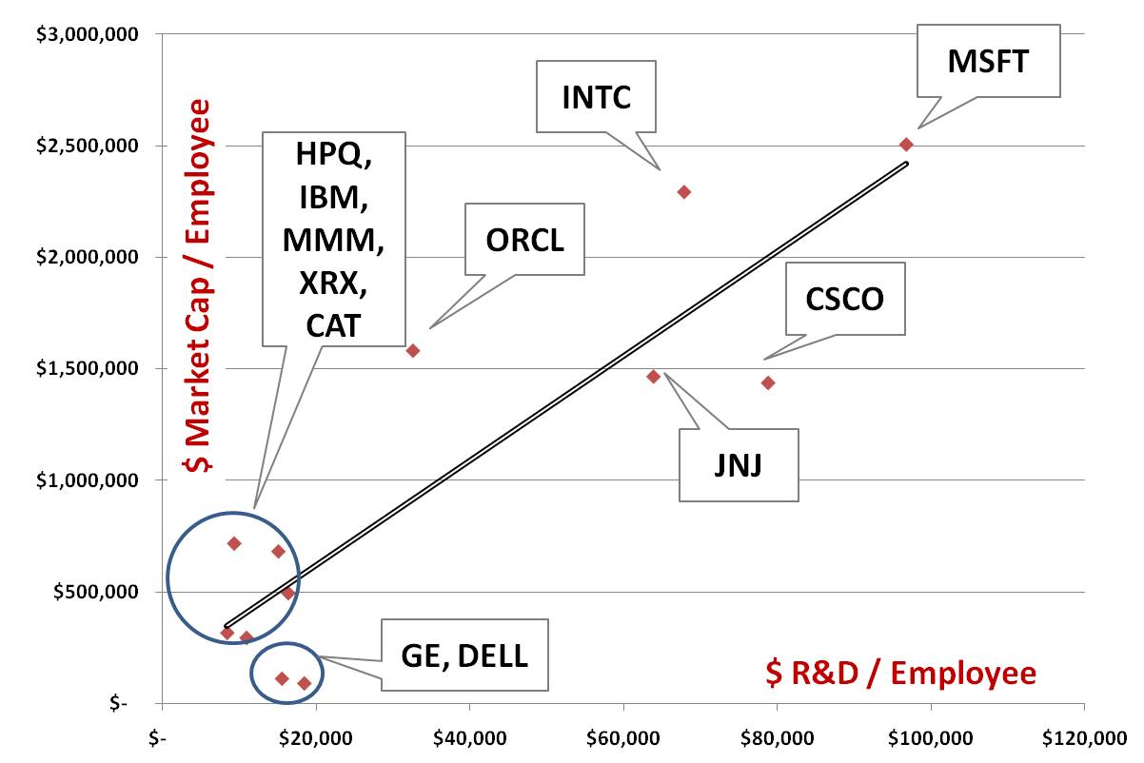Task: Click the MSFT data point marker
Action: click(906, 145)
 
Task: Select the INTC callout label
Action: click(596, 97)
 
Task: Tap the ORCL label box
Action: click(524, 240)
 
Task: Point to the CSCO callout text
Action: click(845, 299)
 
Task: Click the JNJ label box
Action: click(739, 465)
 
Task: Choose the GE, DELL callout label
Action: click(464, 655)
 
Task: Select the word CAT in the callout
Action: click(333, 325)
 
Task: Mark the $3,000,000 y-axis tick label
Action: click(87, 34)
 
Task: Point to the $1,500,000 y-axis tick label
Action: click(87, 368)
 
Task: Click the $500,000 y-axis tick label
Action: click(95, 592)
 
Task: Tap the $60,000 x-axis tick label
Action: click(623, 738)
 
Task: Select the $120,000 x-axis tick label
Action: click(1084, 738)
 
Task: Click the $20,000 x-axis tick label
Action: click(316, 738)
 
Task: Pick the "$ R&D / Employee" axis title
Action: click(901, 673)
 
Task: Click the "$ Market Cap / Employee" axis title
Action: click(198, 285)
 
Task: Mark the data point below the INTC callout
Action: click(684, 192)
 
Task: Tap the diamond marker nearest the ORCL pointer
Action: click(413, 351)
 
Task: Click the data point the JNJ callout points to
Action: click(653, 377)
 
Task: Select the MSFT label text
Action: click(988, 61)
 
